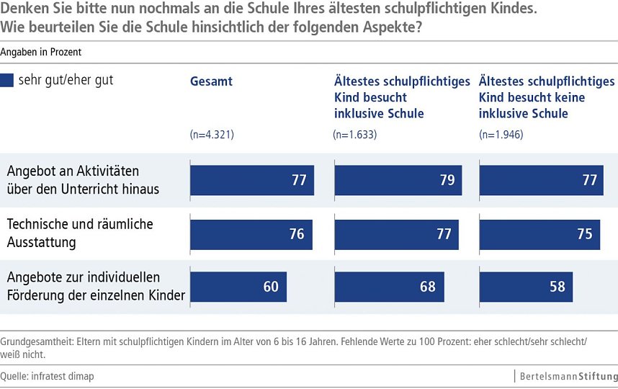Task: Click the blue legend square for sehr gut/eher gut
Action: coord(8,81)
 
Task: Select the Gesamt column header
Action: coord(211,81)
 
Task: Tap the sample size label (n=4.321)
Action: coord(212,135)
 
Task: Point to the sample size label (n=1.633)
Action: coord(355,135)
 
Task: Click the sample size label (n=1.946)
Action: coord(501,135)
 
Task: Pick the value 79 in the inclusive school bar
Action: coord(447,180)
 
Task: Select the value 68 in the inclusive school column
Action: coord(428,287)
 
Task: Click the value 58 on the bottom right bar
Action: coord(557,287)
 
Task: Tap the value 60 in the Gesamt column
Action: coord(271,287)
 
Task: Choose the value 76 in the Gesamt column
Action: coord(296,234)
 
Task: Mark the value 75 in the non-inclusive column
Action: coord(584,234)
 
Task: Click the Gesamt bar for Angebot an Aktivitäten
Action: coord(251,180)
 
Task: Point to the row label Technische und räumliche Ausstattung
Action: coord(79,233)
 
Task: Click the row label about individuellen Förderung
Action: coord(95,286)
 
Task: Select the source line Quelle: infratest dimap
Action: coord(48,376)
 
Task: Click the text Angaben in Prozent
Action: coord(41,53)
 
